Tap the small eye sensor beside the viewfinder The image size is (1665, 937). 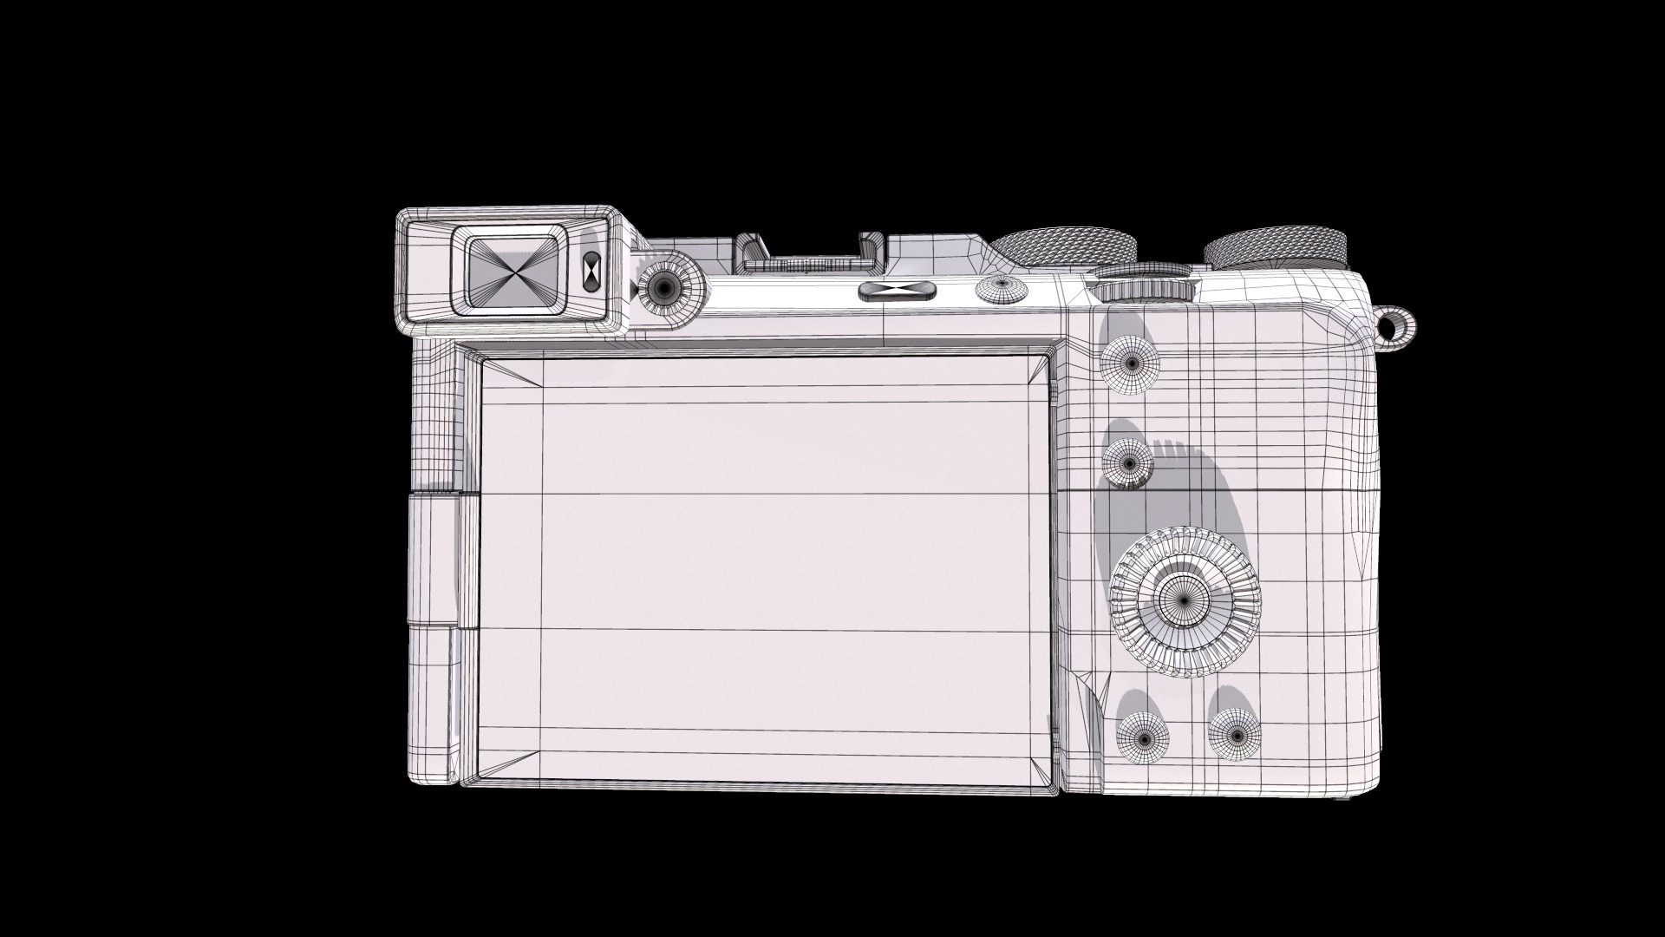[591, 270]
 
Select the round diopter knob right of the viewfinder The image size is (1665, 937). [666, 285]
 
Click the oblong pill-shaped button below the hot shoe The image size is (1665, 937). [898, 291]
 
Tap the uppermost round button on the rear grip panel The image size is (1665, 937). [1130, 361]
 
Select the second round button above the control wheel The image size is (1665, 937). [1128, 461]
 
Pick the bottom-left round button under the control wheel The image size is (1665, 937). [1143, 737]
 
